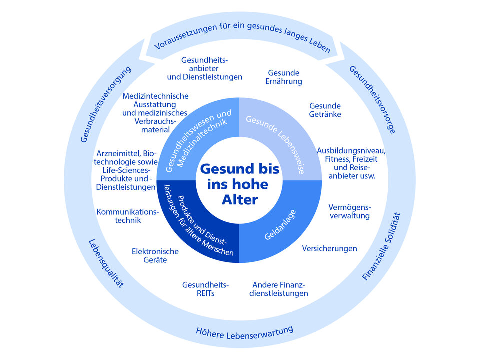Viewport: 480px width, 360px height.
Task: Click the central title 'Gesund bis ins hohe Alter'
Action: pyautogui.click(x=240, y=184)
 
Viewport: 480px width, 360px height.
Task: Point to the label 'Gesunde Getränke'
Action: pyautogui.click(x=325, y=110)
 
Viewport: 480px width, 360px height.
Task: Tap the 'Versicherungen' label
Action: pyautogui.click(x=329, y=248)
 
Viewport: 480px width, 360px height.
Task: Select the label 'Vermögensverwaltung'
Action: pyautogui.click(x=349, y=211)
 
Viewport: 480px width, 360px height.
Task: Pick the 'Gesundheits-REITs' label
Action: pyautogui.click(x=205, y=289)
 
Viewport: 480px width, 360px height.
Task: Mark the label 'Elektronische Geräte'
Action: pyautogui.click(x=155, y=256)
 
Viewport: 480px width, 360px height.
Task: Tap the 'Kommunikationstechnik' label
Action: pyautogui.click(x=127, y=216)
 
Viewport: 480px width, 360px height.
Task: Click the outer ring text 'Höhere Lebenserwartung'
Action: pyautogui.click(x=244, y=331)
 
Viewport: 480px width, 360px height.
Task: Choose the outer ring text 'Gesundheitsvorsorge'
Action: pyautogui.click(x=373, y=100)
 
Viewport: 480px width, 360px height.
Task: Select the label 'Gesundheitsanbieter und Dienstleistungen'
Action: pyautogui.click(x=204, y=68)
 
